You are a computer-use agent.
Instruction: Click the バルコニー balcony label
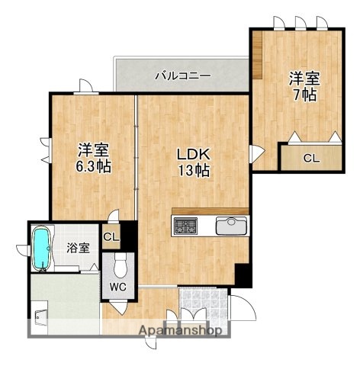point(182,75)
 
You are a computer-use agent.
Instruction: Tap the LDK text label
point(193,154)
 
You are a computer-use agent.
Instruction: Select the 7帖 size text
point(304,96)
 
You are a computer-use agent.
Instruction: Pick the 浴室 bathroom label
point(78,248)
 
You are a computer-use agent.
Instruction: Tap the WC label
point(118,287)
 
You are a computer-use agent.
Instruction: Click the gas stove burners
point(185,226)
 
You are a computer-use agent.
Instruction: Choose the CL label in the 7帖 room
point(310,159)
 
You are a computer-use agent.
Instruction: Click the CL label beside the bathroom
point(111,236)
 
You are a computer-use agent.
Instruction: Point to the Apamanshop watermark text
point(180,331)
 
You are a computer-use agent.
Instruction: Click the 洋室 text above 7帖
point(304,78)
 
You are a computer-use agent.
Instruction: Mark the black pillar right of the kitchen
point(241,274)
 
